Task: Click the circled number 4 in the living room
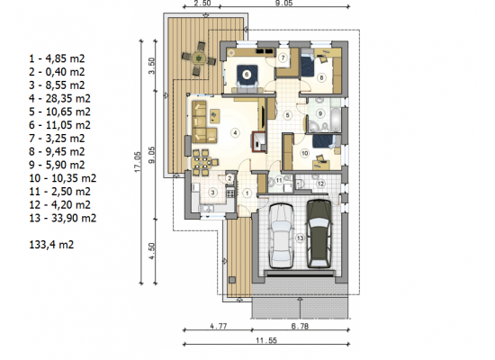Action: tap(235, 133)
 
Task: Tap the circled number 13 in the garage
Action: tap(300, 238)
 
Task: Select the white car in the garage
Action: tap(281, 236)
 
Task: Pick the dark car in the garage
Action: tap(319, 234)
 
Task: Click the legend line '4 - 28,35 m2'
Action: tap(59, 98)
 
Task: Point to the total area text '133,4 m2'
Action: tap(51, 245)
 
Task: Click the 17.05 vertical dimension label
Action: tap(138, 162)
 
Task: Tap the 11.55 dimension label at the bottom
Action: tap(266, 340)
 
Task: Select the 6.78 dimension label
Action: tap(300, 326)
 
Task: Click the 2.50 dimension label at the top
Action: tap(202, 4)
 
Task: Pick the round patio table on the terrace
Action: tap(199, 59)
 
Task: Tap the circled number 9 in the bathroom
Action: tap(320, 113)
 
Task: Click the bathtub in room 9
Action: tap(336, 120)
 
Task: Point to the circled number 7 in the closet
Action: tap(283, 58)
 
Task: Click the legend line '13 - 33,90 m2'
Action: tap(62, 218)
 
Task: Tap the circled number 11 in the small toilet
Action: tap(279, 181)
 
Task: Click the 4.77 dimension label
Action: tap(219, 326)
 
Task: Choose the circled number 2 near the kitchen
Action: tap(229, 178)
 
